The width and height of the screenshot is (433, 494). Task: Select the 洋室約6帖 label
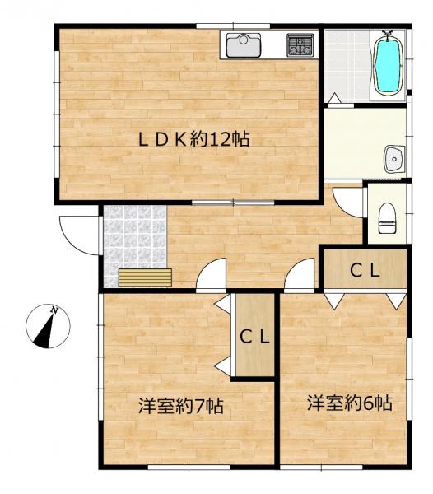(349, 403)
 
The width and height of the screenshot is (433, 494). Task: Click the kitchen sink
(242, 45)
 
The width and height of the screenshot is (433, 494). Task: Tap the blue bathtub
(386, 63)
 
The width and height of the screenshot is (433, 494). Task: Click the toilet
(386, 218)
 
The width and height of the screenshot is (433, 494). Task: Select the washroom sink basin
(394, 157)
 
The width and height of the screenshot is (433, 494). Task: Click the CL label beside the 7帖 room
(254, 336)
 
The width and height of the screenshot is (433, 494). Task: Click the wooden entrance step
(145, 277)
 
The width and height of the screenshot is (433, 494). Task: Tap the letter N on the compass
(54, 310)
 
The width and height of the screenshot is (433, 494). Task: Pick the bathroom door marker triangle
(335, 98)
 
